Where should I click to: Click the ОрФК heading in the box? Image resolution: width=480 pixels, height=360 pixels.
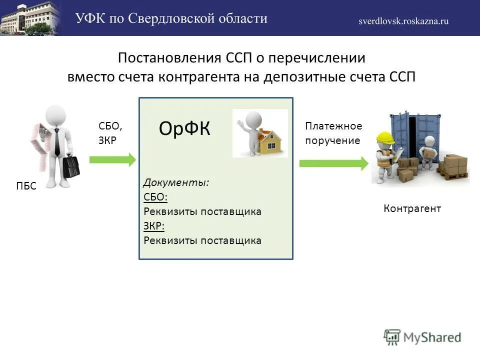click(184, 129)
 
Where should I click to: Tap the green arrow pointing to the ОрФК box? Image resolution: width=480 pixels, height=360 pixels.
click(112, 159)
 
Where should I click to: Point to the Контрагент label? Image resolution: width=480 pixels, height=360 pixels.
click(412, 208)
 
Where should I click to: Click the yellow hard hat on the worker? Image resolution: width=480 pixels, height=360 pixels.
click(384, 137)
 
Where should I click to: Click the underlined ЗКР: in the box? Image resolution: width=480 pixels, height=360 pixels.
click(154, 226)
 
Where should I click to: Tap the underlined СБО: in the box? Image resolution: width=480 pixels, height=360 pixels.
click(155, 197)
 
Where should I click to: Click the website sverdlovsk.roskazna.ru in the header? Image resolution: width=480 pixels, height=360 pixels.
click(403, 21)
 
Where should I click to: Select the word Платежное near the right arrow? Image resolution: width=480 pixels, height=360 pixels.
click(333, 126)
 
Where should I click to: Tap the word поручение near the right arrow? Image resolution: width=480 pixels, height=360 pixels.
click(332, 140)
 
